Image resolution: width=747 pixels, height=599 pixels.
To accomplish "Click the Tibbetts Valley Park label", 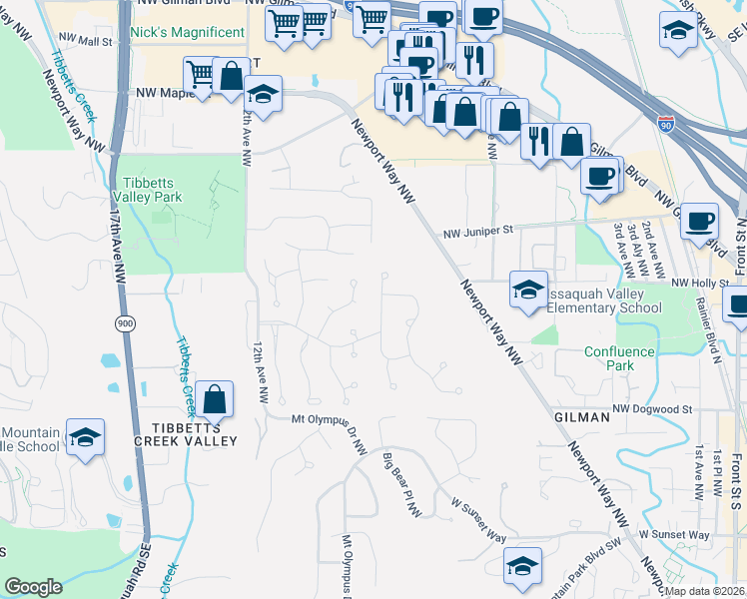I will pyautogui.click(x=153, y=190).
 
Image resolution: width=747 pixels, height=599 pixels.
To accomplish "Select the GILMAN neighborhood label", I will pyautogui.click(x=580, y=417).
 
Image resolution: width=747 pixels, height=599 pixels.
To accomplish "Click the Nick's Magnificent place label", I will pyautogui.click(x=187, y=32).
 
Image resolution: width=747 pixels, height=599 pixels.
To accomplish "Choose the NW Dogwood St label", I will pyautogui.click(x=652, y=409).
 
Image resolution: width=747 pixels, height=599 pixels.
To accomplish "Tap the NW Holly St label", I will pyautogui.click(x=695, y=283).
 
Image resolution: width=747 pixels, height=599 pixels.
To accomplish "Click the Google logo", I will pyautogui.click(x=33, y=586).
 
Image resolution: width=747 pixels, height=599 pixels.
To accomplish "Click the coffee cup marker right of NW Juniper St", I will pyautogui.click(x=699, y=220).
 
